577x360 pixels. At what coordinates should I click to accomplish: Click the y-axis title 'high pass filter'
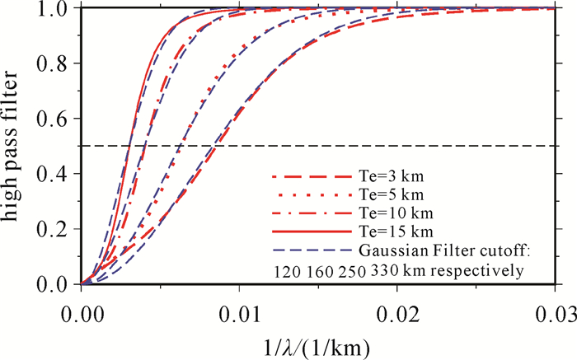16,146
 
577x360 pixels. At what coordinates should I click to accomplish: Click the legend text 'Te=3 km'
390,177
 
